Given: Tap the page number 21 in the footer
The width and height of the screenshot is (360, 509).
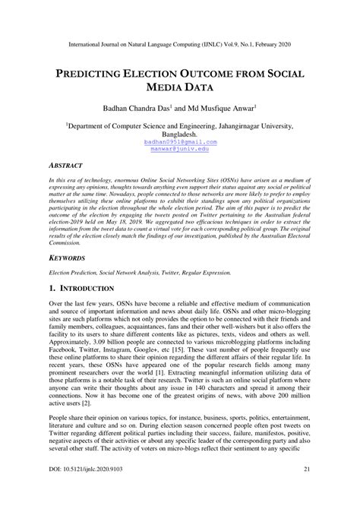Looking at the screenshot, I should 307,493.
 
